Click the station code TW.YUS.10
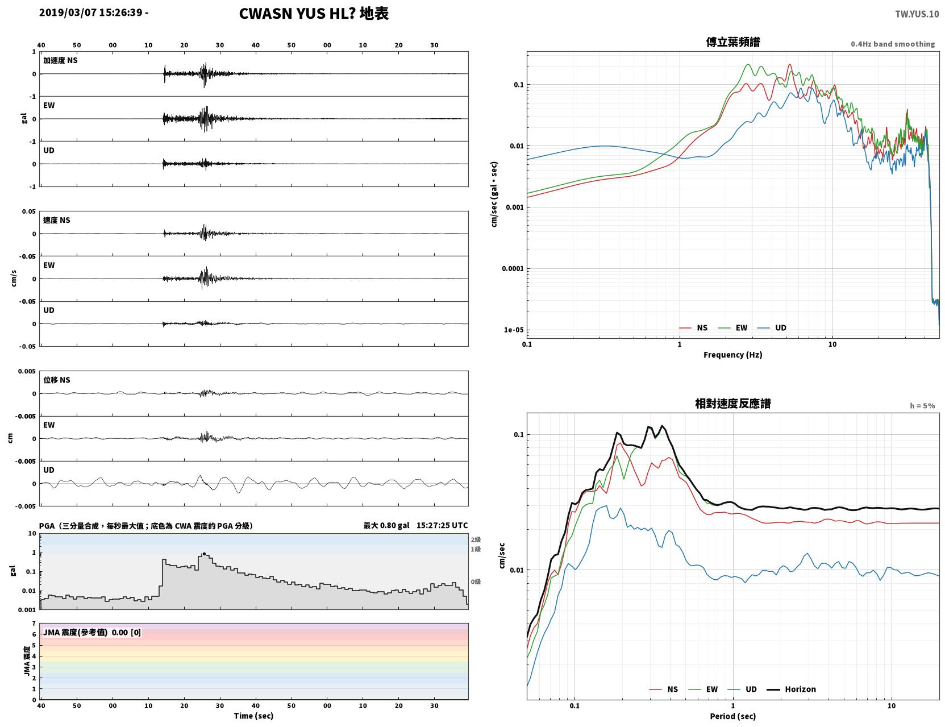point(917,14)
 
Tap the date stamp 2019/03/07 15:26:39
point(91,12)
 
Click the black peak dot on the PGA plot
point(204,554)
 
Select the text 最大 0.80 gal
point(386,525)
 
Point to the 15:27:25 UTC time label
point(442,525)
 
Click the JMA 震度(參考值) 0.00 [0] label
point(91,632)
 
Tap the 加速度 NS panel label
point(60,60)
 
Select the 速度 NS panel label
point(56,220)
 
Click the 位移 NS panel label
point(56,380)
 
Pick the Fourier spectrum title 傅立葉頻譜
point(733,42)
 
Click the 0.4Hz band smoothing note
point(892,44)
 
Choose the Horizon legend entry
point(791,689)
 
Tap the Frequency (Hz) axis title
point(733,355)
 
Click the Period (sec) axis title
point(733,716)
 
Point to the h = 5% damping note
point(922,406)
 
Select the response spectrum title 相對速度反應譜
point(733,404)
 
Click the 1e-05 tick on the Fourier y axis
point(514,330)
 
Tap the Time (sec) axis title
point(253,716)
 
